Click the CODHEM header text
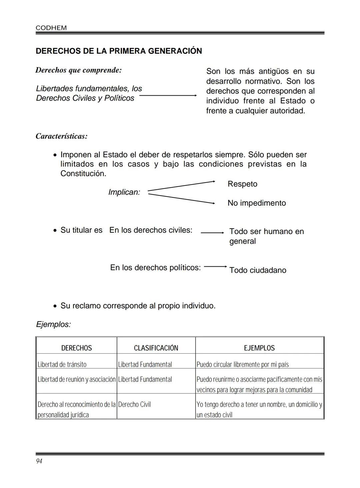click(x=51, y=28)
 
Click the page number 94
click(x=39, y=461)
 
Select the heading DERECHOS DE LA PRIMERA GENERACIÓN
click(x=119, y=51)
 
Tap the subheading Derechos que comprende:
click(x=78, y=70)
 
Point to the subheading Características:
click(x=61, y=136)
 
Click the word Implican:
click(x=124, y=192)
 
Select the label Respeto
click(x=242, y=184)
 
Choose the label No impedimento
click(x=257, y=203)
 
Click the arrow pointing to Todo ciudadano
click(x=215, y=267)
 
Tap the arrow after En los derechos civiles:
click(x=212, y=233)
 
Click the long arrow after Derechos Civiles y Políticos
click(x=168, y=96)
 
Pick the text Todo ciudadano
click(x=258, y=270)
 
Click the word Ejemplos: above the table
click(x=53, y=324)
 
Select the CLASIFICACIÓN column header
click(x=156, y=348)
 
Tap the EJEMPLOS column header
click(x=259, y=348)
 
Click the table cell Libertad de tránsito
click(x=62, y=364)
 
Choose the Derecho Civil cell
click(x=134, y=404)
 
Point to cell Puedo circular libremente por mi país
click(x=243, y=364)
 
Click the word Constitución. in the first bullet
click(x=83, y=174)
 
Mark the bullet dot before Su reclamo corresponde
click(x=55, y=306)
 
